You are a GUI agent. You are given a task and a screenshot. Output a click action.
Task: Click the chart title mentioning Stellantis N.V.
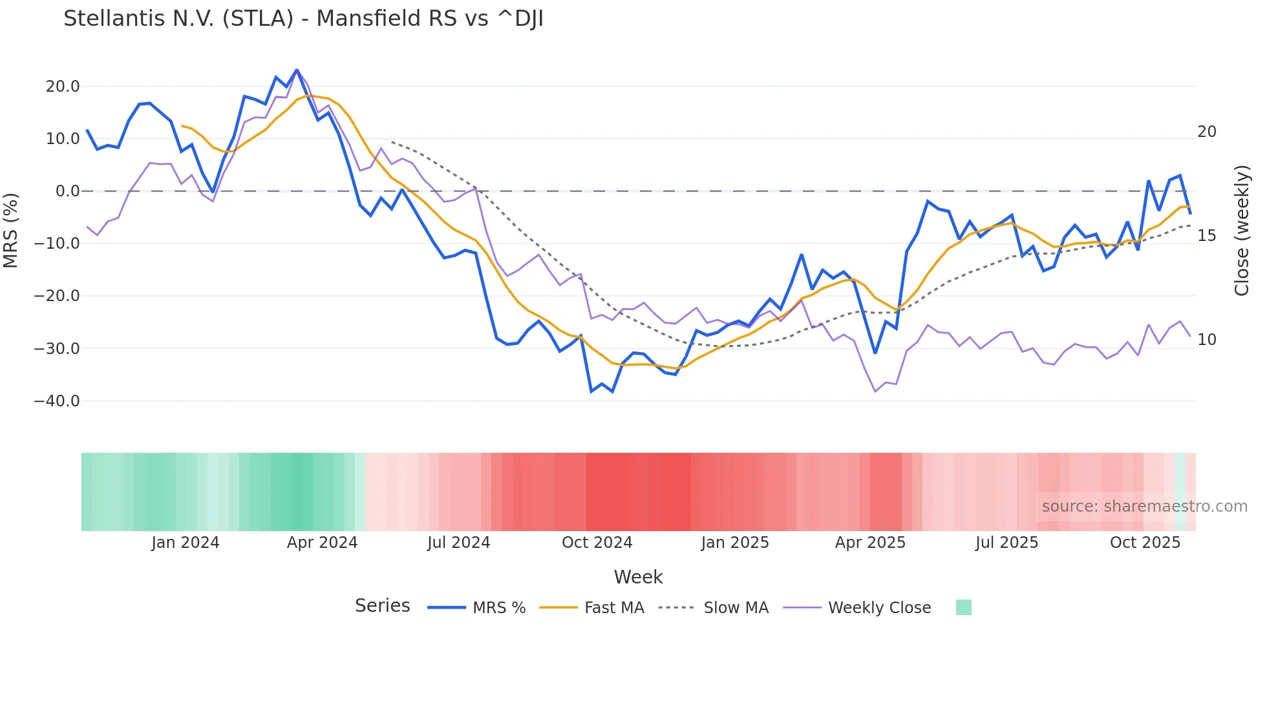[x=303, y=19]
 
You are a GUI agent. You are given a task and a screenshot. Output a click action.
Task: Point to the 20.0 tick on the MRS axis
[x=63, y=87]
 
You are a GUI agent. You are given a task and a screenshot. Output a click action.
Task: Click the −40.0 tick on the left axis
[x=57, y=401]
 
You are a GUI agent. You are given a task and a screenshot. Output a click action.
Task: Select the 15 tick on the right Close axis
[x=1206, y=236]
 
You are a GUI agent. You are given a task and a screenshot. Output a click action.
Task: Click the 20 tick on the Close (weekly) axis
[x=1206, y=132]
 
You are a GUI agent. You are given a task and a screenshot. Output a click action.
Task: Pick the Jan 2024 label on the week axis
[x=186, y=543]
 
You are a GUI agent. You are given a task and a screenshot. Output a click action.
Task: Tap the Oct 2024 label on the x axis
[x=597, y=543]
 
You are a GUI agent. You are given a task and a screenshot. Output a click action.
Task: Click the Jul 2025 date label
[x=1006, y=543]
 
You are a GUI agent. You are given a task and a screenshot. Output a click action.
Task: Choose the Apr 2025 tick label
[x=870, y=543]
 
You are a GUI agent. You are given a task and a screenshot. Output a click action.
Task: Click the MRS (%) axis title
[x=11, y=230]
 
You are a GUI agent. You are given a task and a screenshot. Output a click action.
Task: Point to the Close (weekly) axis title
[x=1242, y=231]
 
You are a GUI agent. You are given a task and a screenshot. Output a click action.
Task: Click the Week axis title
[x=638, y=577]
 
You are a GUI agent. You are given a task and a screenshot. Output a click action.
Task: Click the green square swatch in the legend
[x=963, y=607]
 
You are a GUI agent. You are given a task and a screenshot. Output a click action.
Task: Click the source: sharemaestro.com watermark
[x=1144, y=507]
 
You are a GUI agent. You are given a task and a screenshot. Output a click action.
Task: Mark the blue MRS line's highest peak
[x=297, y=70]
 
